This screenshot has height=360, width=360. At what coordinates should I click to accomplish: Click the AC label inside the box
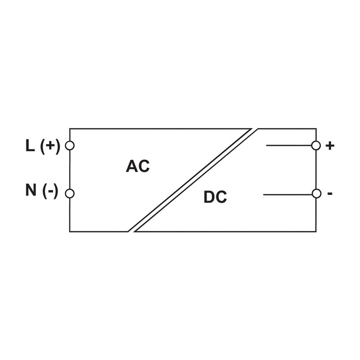pos(138,166)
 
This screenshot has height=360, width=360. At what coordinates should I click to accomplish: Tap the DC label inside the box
pos(215,197)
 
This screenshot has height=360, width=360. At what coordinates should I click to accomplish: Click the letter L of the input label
pos(30,146)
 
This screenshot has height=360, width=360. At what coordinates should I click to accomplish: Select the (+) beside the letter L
pos(50,146)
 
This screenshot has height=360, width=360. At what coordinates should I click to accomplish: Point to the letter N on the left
pos(31,190)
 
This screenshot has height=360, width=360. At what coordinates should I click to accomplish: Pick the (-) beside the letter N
pos(50,191)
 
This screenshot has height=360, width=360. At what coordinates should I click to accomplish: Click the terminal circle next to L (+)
pos(70,145)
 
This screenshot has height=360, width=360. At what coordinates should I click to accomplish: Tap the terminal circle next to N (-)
pos(70,193)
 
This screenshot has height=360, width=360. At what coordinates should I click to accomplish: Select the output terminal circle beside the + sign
pos(316,145)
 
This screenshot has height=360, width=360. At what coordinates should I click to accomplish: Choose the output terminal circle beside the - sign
pos(316,193)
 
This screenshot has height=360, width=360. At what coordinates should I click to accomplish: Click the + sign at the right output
pos(330,146)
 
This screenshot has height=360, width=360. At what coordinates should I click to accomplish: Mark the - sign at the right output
pos(330,193)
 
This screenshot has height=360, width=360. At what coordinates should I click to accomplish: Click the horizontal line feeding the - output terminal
pos(288,194)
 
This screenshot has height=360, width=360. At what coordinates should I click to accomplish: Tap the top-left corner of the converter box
pos(70,129)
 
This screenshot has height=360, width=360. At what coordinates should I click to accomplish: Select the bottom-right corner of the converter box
pos(316,231)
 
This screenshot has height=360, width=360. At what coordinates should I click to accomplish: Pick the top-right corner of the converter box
pos(316,129)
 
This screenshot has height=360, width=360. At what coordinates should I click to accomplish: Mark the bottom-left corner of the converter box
pos(70,231)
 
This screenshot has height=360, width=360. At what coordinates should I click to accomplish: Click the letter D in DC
pos(209,197)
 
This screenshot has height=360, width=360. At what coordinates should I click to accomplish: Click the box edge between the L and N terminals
pos(70,169)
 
